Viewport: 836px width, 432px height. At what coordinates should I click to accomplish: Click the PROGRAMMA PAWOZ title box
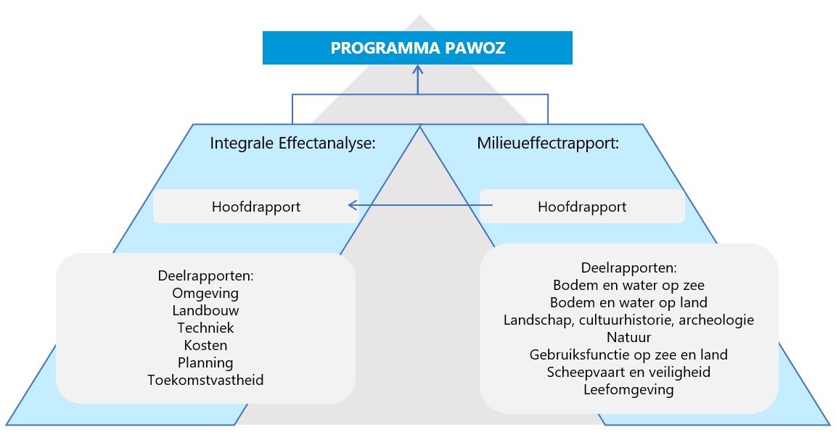point(417,48)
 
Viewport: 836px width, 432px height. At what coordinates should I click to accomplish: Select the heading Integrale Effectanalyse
point(292,143)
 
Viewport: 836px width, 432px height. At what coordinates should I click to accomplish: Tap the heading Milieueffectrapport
point(548,143)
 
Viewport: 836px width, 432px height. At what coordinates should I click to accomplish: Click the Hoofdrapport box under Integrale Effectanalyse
point(255,207)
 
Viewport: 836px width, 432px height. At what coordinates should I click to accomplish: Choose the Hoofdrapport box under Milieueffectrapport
point(582,207)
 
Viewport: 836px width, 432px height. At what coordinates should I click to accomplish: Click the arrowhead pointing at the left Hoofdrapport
point(353,206)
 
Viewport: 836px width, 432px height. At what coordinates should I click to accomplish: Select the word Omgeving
point(205,294)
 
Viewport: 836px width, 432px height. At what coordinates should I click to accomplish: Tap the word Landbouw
point(205,310)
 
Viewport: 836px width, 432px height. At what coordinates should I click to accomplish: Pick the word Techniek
point(205,328)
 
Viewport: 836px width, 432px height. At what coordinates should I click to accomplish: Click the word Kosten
point(205,345)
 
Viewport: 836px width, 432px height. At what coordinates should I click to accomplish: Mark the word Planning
point(205,362)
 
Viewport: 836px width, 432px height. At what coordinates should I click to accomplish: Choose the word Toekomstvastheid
point(205,380)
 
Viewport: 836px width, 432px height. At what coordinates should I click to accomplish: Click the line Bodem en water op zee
point(628,285)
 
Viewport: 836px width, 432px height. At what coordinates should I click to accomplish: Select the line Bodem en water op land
point(628,302)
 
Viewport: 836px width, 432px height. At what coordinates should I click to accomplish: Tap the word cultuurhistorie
point(635,320)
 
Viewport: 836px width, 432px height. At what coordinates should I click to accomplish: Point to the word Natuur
point(628,337)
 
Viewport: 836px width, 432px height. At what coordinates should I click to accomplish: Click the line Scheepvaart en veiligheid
point(628,373)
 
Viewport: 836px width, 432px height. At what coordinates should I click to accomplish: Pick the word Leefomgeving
point(628,390)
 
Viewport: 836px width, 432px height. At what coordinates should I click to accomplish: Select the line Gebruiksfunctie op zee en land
point(628,355)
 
